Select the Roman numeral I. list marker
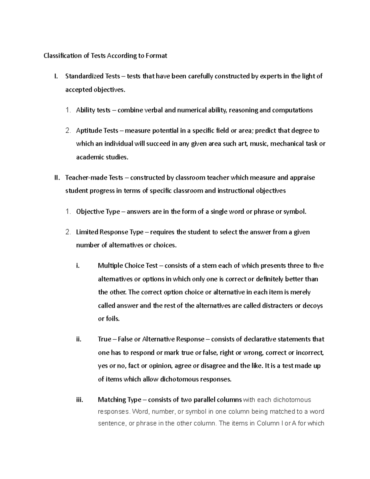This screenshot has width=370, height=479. click(56, 76)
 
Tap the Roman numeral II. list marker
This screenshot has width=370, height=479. click(56, 178)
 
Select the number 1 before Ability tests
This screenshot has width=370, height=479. click(68, 110)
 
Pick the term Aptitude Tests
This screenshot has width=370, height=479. click(97, 131)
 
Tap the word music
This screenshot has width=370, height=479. click(259, 144)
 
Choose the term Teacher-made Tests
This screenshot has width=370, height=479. click(94, 178)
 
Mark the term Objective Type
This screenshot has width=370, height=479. click(98, 212)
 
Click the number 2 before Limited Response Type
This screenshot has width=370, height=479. click(68, 232)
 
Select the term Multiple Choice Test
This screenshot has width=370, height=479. click(128, 266)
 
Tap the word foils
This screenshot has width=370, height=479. click(113, 319)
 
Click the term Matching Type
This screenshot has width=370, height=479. click(119, 400)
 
